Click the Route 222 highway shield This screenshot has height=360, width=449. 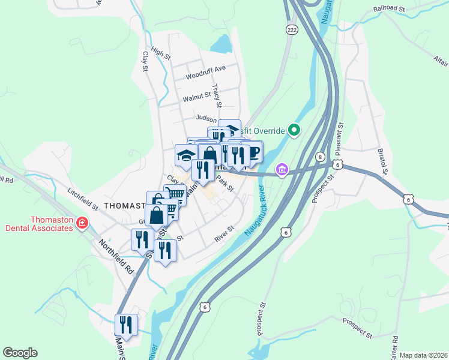coord(292,30)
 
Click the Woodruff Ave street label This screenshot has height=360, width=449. coord(205,76)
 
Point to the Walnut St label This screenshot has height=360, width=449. coord(197,95)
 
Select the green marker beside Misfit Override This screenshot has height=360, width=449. coord(294,130)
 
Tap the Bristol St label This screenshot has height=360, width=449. coord(383,163)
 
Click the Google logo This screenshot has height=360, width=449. coord(20,353)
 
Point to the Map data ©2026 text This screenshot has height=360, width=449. coord(423,355)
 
